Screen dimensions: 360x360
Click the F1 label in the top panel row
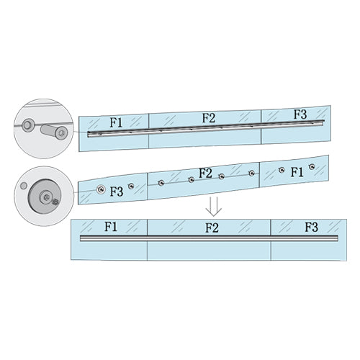click(116, 122)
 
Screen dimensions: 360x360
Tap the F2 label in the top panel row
click(209, 118)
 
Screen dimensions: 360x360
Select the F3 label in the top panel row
click(300, 114)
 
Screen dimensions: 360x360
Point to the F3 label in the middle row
click(117, 192)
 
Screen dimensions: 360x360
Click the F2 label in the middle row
click(205, 174)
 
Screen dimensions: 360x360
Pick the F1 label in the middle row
click(297, 172)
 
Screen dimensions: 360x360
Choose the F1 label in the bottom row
click(111, 227)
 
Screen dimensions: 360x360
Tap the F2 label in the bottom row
click(212, 228)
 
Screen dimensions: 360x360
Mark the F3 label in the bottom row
click(311, 227)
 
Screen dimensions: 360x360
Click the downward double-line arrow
click(214, 207)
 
